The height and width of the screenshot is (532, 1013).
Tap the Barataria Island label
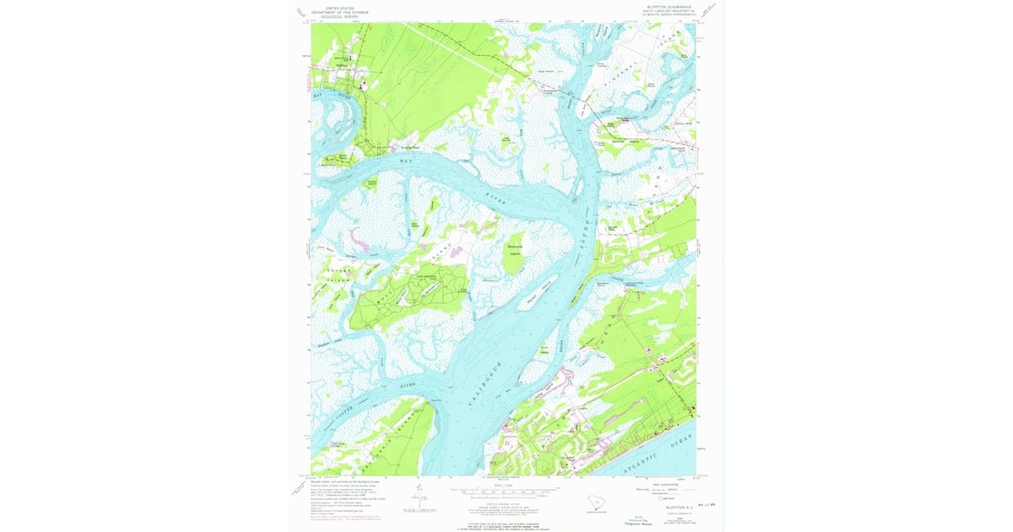coord(515,247)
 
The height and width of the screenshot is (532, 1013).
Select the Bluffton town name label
coord(342,63)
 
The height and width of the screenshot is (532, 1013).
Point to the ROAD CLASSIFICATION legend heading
coord(653,483)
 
